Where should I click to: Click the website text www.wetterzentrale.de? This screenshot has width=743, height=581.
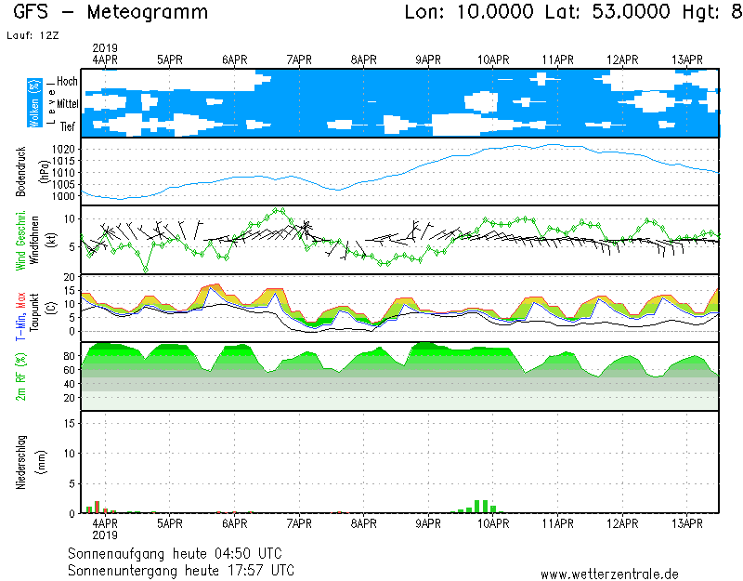(x=609, y=574)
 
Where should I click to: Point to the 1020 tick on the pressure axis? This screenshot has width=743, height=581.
(x=62, y=149)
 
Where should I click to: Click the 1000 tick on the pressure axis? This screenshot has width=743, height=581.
(x=62, y=196)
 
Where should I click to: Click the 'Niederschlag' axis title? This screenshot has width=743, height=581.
(x=21, y=462)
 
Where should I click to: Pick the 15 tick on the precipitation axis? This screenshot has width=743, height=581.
(x=69, y=423)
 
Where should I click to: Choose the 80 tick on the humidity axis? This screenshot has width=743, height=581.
(x=69, y=356)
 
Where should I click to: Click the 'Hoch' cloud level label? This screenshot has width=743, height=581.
(x=67, y=82)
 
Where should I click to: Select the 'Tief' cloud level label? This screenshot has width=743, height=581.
(x=68, y=126)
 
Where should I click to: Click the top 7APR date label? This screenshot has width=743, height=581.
(x=299, y=59)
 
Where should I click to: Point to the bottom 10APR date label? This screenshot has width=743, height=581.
(x=493, y=524)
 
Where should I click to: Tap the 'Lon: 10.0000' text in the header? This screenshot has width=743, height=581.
(x=470, y=13)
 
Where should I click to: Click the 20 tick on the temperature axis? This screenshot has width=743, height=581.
(x=69, y=277)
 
